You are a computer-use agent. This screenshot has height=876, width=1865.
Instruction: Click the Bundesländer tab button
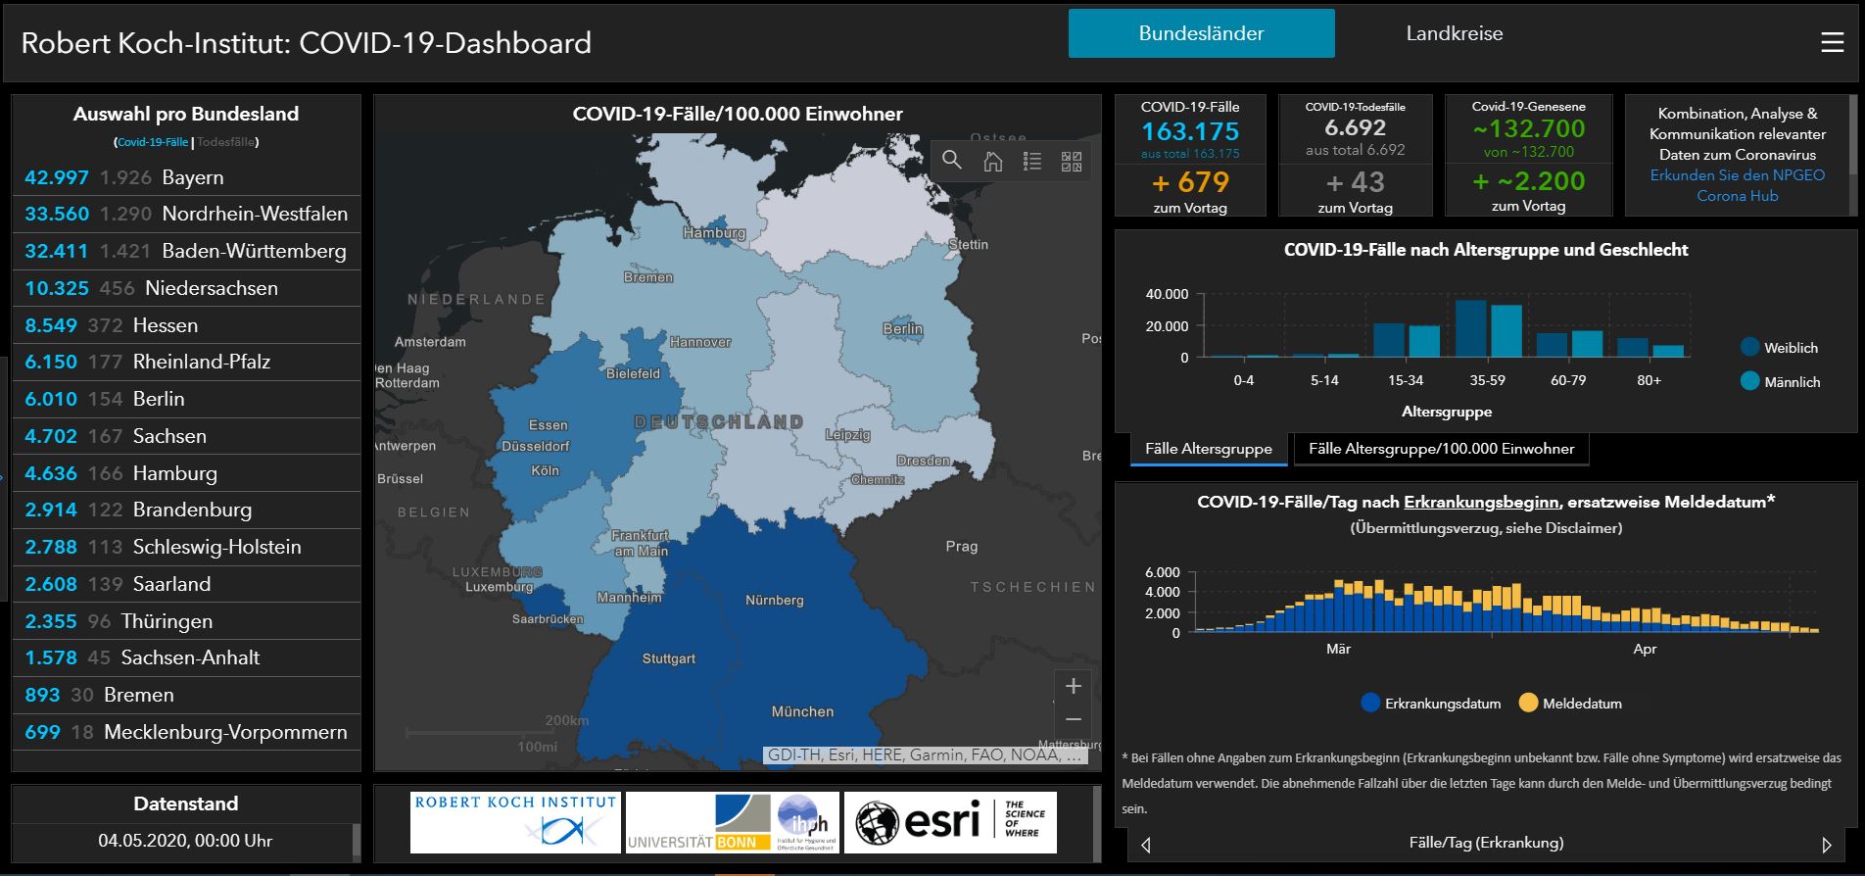[1201, 33]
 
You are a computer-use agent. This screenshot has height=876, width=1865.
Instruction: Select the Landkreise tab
[1454, 33]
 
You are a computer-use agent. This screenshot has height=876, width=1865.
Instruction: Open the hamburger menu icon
[1832, 42]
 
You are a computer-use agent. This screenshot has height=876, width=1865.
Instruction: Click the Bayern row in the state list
[186, 177]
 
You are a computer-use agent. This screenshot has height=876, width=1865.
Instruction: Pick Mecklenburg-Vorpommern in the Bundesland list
[186, 732]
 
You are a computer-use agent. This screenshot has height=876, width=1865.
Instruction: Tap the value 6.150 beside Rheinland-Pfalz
[51, 362]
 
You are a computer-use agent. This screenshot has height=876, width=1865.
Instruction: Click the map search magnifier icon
[951, 161]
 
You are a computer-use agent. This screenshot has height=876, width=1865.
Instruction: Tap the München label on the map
[802, 711]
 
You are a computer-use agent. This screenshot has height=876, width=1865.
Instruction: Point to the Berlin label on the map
[902, 329]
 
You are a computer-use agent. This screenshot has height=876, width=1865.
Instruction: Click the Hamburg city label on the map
[714, 233]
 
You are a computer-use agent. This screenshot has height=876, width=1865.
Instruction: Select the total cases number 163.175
[1190, 131]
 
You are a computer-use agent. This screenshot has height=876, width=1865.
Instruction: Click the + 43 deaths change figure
[1355, 182]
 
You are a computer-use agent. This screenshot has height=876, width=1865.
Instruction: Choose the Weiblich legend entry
[1779, 348]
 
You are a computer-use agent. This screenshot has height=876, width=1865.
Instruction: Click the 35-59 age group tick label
[1487, 380]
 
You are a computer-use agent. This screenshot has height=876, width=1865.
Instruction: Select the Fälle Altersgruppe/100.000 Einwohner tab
[1441, 449]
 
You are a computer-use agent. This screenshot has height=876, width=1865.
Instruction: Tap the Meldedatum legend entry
[1570, 704]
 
